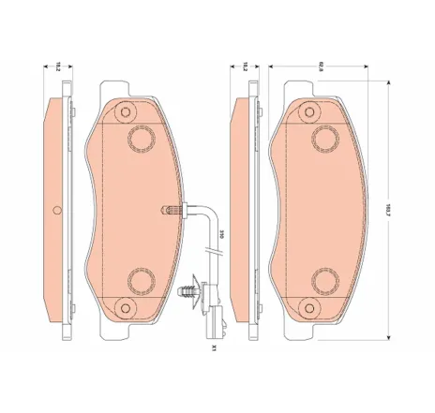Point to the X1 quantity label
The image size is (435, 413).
point(214,348)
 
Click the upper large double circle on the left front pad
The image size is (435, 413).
point(142,138)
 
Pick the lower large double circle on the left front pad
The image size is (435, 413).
point(142,280)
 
